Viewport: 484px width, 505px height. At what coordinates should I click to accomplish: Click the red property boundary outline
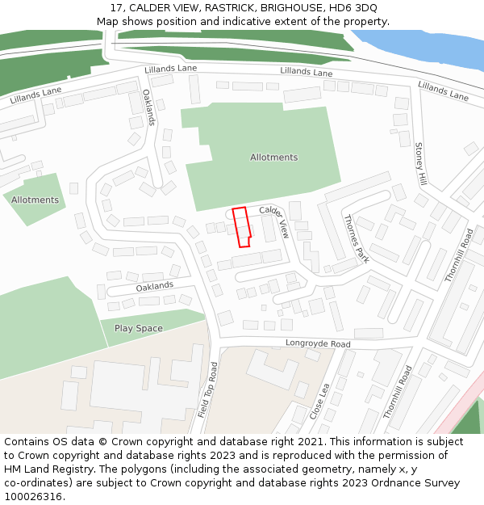click(241, 227)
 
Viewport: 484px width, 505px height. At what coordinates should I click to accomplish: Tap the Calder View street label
click(273, 221)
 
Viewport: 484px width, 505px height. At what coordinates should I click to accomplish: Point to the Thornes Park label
click(356, 238)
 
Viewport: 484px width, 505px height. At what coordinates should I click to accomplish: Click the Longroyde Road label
click(318, 344)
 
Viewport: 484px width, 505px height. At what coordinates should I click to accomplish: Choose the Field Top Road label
click(208, 389)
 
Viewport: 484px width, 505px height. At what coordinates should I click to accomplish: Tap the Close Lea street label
click(319, 401)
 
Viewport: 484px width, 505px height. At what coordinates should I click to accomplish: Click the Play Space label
click(138, 329)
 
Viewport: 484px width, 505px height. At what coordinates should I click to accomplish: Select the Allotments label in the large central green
click(273, 158)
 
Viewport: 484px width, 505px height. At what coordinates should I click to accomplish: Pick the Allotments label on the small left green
click(35, 200)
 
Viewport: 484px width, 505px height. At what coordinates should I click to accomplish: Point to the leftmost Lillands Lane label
click(36, 96)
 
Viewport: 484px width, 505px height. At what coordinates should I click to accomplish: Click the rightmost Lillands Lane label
click(443, 90)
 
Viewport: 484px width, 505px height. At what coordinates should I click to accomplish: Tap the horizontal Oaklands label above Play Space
click(154, 286)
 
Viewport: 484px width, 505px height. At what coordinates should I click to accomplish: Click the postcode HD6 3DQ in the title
click(353, 7)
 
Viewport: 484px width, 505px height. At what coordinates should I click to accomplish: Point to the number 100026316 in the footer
click(33, 497)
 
